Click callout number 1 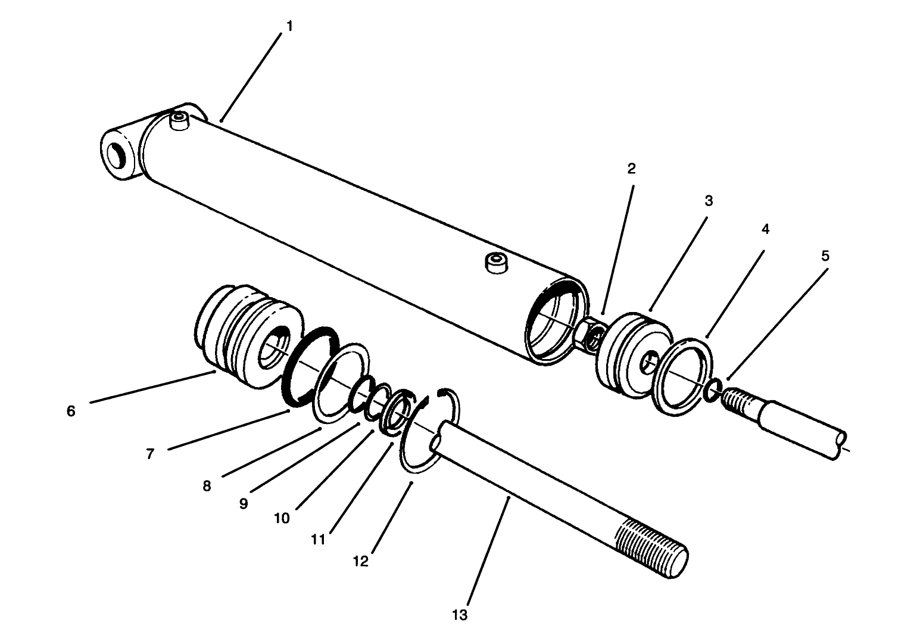click(x=289, y=27)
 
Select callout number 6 click(x=71, y=411)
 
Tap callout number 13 click(x=460, y=615)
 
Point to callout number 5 click(x=825, y=256)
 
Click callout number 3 click(x=709, y=201)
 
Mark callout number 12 click(x=361, y=561)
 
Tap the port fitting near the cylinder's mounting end click(x=179, y=121)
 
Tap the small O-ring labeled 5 click(x=713, y=390)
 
